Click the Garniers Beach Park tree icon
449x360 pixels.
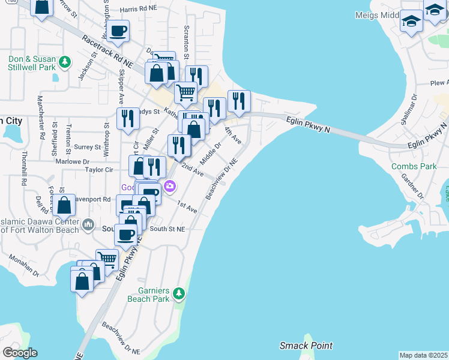pyautogui.click(x=178, y=293)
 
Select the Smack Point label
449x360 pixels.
pyautogui.click(x=306, y=346)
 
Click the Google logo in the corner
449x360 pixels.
pyautogui.click(x=20, y=353)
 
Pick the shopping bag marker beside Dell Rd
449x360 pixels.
pyautogui.click(x=64, y=205)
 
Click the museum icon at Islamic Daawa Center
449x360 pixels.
pyautogui.click(x=88, y=224)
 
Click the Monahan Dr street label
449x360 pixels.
pyautogui.click(x=24, y=265)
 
